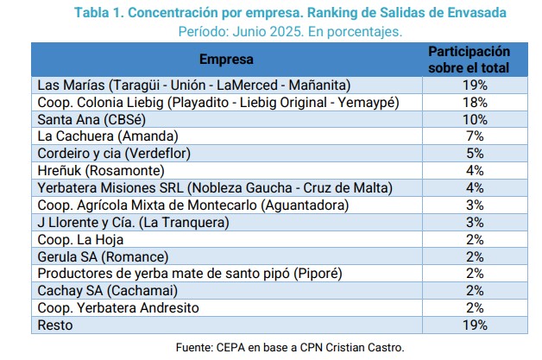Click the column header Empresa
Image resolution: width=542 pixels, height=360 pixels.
[x=226, y=60]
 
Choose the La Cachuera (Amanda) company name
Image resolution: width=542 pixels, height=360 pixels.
[x=108, y=136]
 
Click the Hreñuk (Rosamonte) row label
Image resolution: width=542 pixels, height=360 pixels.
[x=98, y=170]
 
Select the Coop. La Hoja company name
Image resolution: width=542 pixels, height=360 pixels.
[x=81, y=239]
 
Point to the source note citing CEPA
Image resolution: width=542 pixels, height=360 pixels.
[x=289, y=347]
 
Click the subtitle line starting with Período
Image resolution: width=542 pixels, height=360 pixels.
[x=290, y=30]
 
